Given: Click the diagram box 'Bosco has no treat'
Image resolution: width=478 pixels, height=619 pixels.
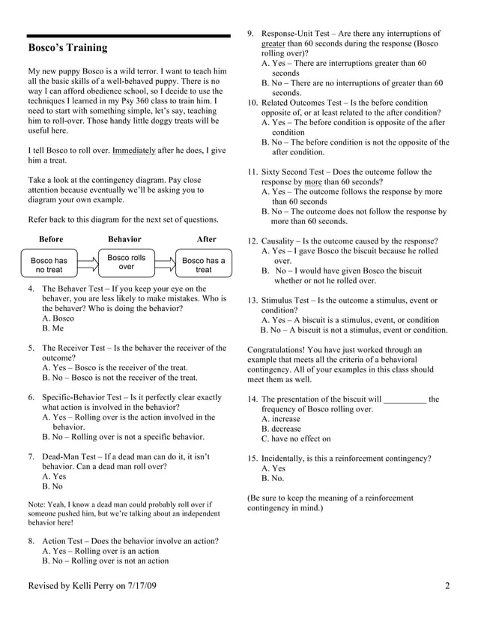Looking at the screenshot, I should pyautogui.click(x=49, y=265).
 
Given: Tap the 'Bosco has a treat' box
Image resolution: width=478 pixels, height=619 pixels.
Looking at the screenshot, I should pyautogui.click(x=204, y=265).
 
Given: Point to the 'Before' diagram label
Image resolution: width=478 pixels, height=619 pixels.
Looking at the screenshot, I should pyautogui.click(x=51, y=240).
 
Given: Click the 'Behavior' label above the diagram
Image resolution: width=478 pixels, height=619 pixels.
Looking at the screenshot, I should pyautogui.click(x=124, y=240).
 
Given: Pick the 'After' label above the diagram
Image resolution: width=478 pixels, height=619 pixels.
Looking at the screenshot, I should pyautogui.click(x=206, y=240).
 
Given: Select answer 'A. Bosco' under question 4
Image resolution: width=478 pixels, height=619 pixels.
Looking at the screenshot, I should pyautogui.click(x=58, y=318).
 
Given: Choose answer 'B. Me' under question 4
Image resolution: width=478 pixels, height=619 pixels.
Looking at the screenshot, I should pyautogui.click(x=53, y=328).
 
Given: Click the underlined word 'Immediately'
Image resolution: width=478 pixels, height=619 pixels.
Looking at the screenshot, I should pyautogui.click(x=134, y=151).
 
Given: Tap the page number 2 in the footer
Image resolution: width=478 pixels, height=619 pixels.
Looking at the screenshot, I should pyautogui.click(x=447, y=585).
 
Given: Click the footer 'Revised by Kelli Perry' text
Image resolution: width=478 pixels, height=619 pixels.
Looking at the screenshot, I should pyautogui.click(x=91, y=585).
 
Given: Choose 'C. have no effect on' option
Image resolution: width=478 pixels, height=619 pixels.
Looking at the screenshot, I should pyautogui.click(x=296, y=439).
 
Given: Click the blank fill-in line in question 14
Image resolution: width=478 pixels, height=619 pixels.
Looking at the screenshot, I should pyautogui.click(x=405, y=400).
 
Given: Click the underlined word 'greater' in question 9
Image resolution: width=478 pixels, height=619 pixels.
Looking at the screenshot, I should pyautogui.click(x=273, y=43).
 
